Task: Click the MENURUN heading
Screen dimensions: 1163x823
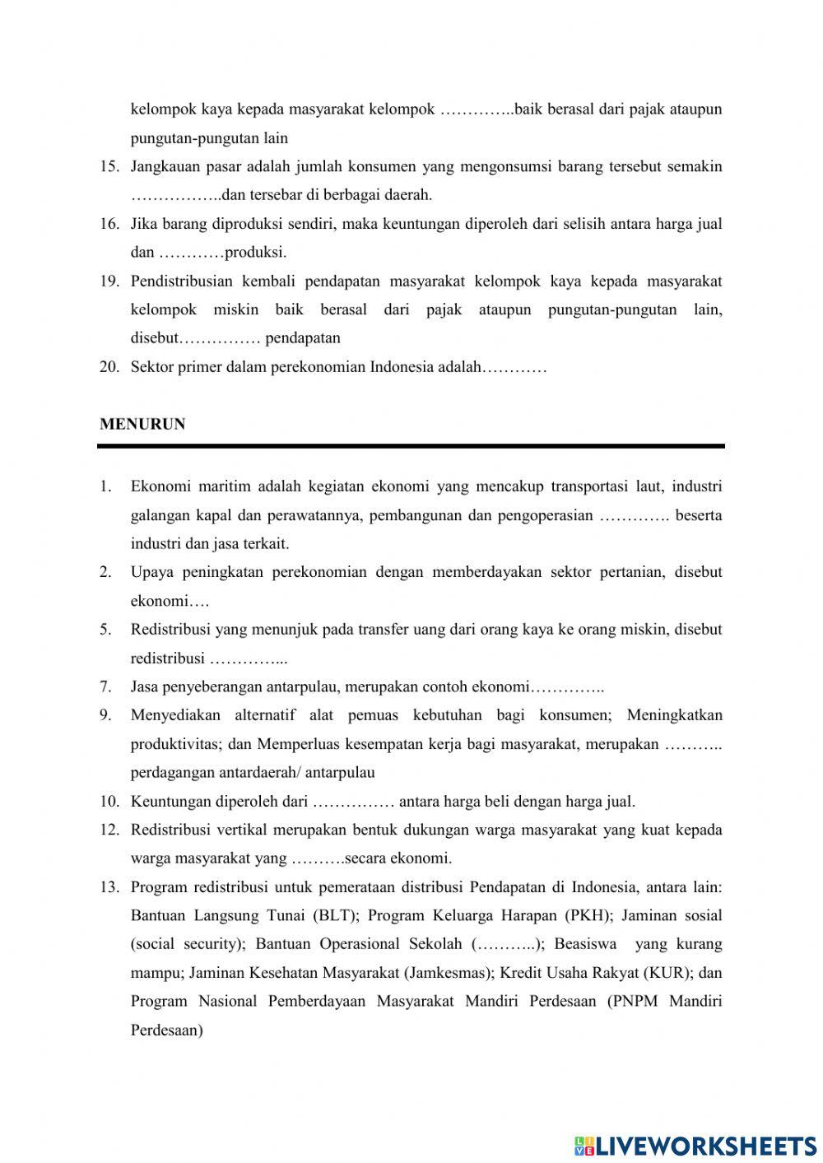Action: (142, 425)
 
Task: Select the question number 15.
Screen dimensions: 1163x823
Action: (110, 167)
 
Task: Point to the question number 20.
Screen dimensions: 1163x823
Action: (110, 367)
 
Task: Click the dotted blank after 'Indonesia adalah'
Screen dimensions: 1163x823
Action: (514, 367)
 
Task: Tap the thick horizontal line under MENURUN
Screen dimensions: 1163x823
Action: (411, 446)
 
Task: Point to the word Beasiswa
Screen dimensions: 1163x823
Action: (585, 944)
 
